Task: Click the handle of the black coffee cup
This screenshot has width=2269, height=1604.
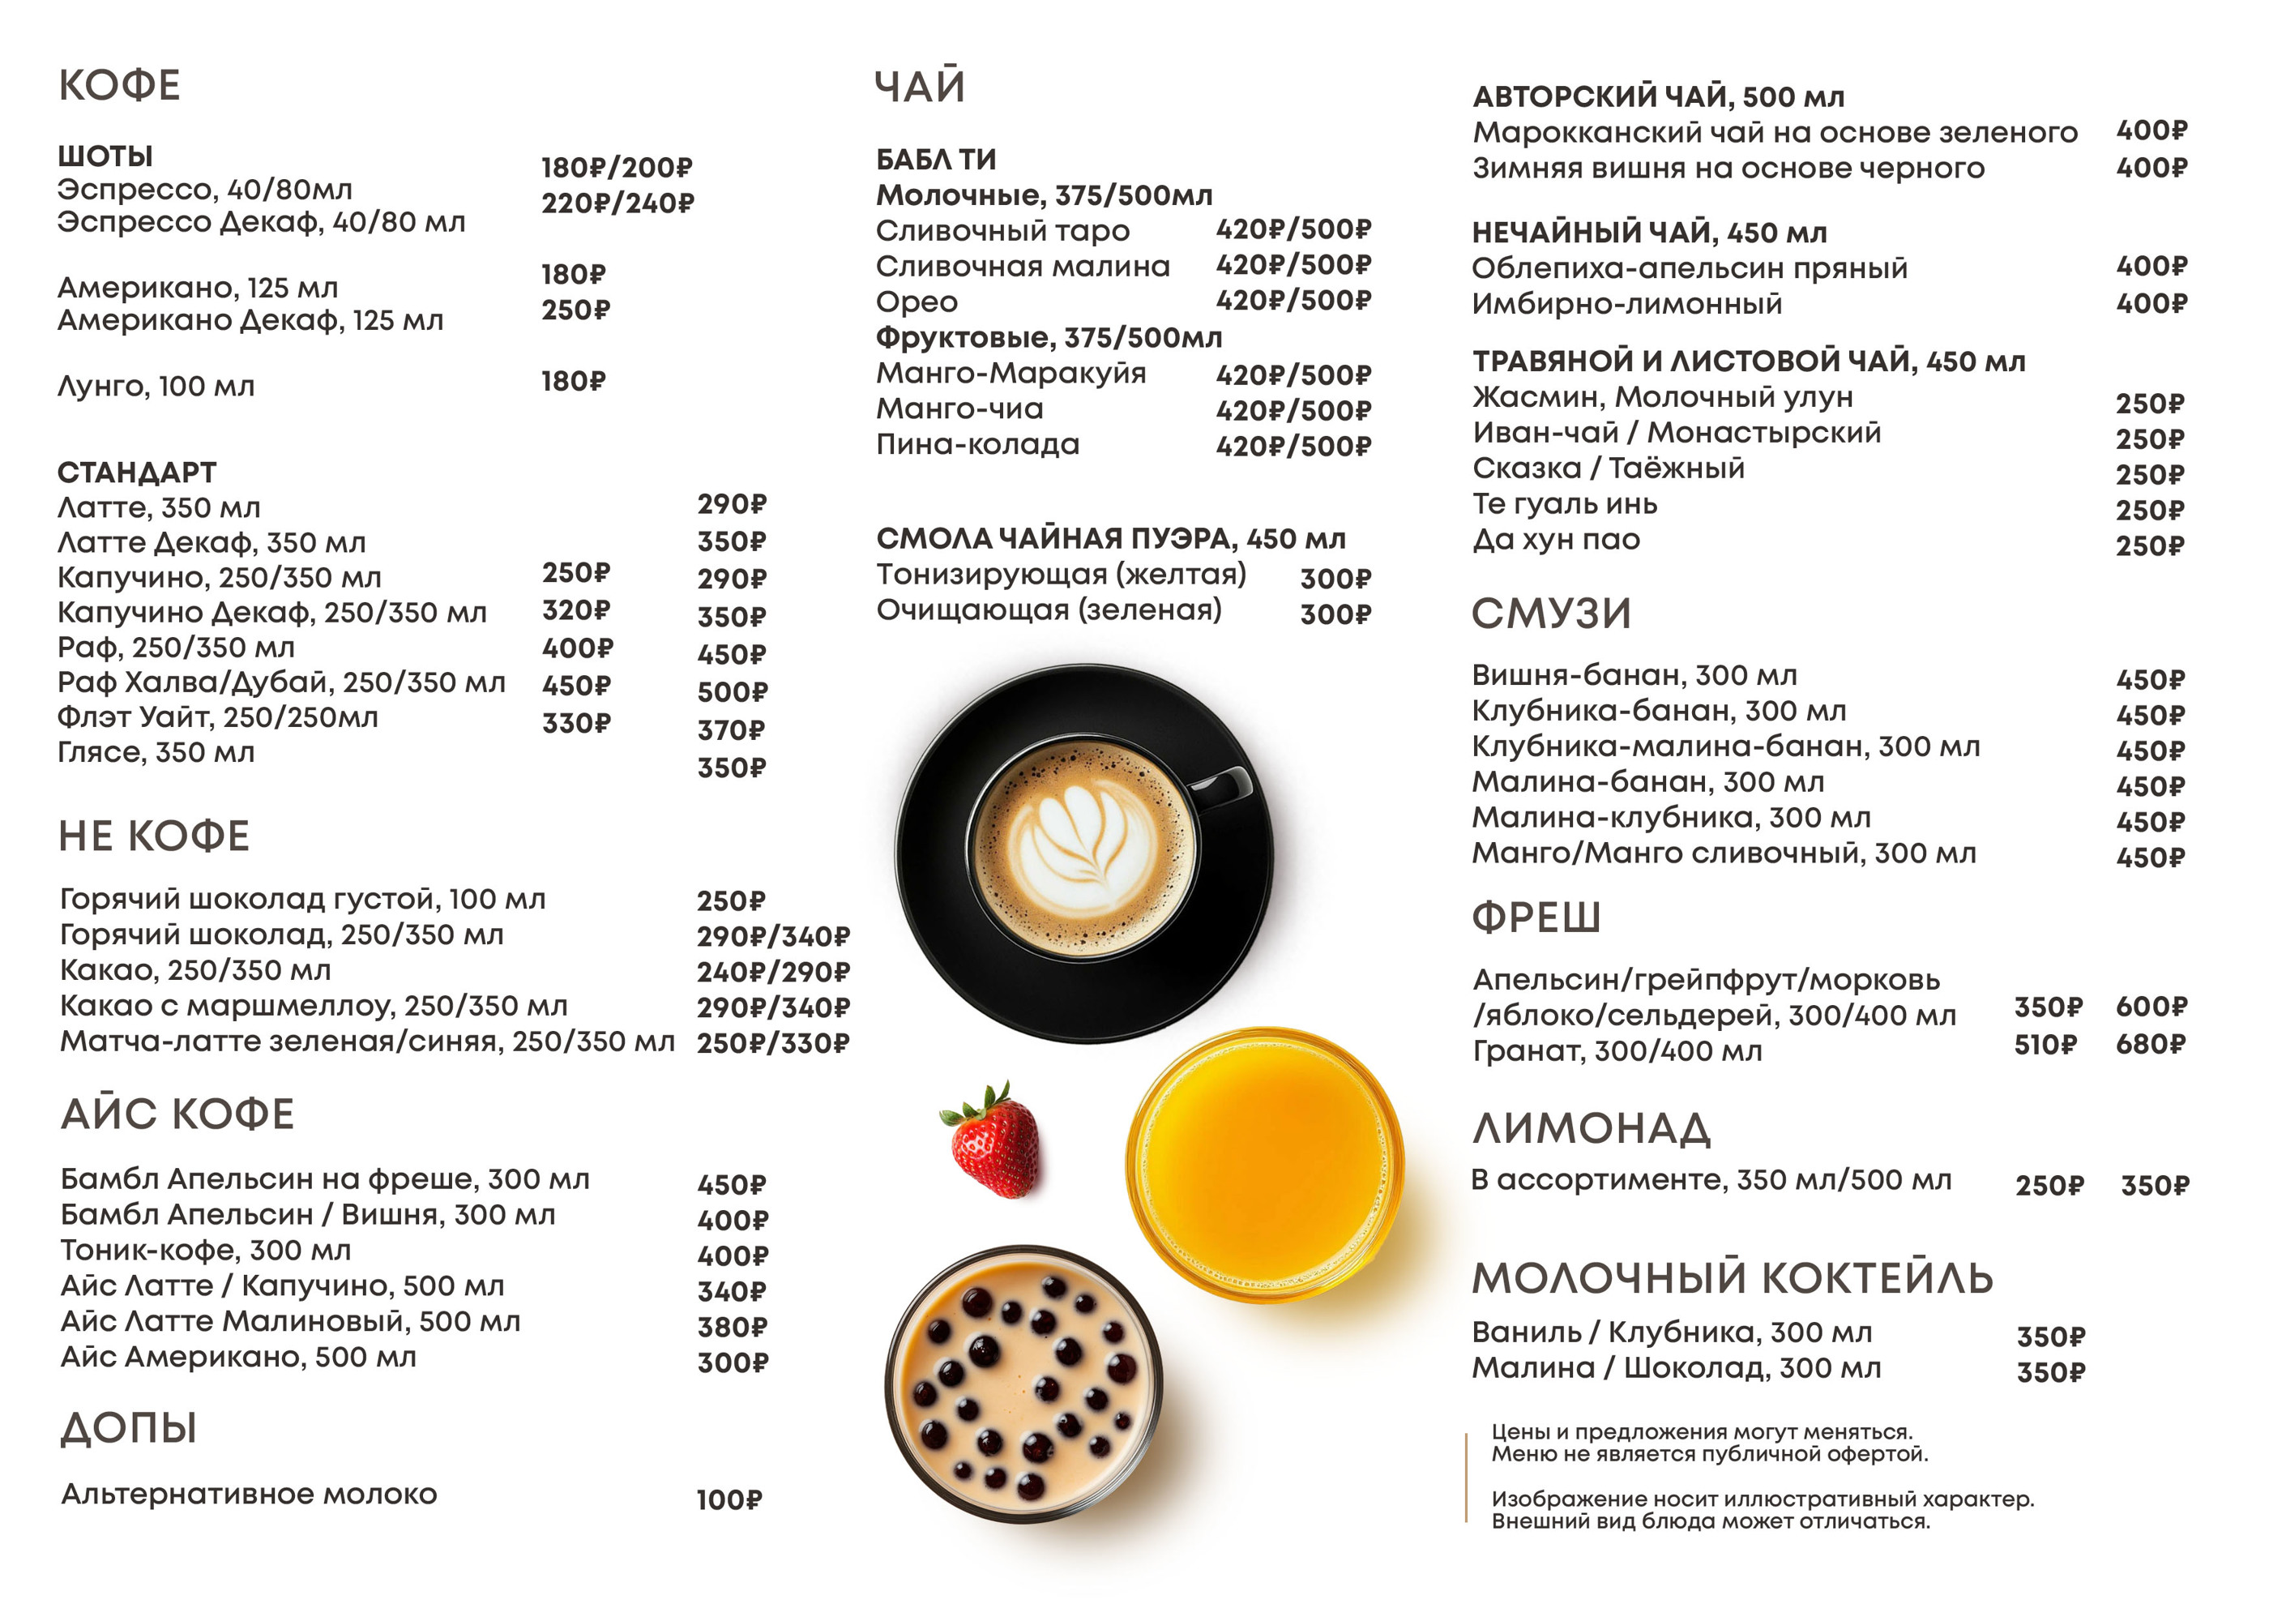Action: click(x=1224, y=785)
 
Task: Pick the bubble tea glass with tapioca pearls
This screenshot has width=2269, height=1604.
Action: click(x=1023, y=1384)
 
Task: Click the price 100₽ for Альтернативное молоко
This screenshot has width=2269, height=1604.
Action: click(x=729, y=1500)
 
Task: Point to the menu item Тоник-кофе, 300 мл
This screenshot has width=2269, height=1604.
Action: click(x=206, y=1250)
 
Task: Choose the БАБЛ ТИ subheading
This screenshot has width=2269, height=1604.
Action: click(x=936, y=159)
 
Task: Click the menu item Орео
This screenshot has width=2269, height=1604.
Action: click(x=917, y=302)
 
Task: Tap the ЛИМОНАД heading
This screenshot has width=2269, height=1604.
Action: click(x=1591, y=1128)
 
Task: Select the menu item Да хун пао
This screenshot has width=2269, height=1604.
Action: click(x=1557, y=540)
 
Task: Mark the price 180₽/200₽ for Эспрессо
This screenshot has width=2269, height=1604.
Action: click(x=617, y=168)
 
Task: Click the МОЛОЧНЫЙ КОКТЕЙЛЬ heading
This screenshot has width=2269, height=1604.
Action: click(x=1732, y=1279)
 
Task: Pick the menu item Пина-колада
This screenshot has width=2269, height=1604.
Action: click(x=977, y=445)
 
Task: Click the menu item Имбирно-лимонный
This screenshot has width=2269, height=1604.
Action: click(x=1626, y=303)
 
